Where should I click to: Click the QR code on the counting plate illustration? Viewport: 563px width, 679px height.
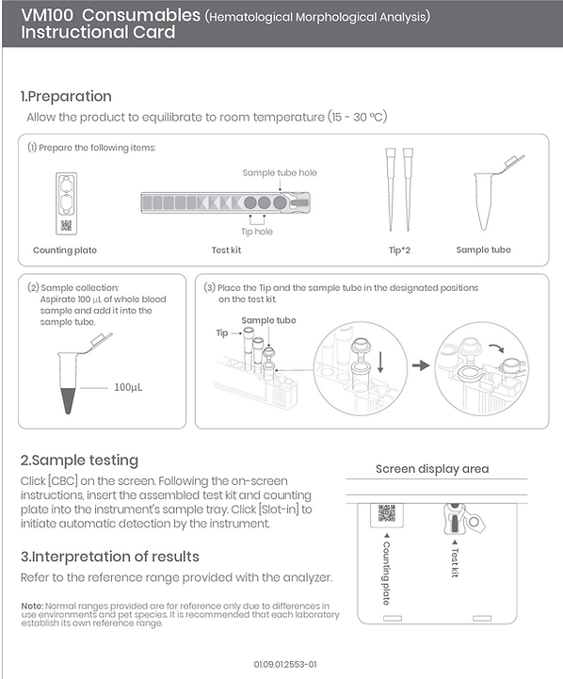click(x=66, y=226)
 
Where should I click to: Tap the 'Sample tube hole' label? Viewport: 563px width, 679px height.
click(x=280, y=172)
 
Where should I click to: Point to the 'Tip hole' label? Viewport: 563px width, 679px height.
click(x=257, y=232)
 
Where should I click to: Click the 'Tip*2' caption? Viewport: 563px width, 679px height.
click(x=399, y=250)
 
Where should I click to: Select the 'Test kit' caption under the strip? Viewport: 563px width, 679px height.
click(x=226, y=250)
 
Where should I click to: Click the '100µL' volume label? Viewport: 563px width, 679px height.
click(x=128, y=387)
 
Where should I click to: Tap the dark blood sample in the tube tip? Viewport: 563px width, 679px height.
click(x=69, y=400)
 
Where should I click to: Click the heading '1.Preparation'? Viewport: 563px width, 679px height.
click(x=66, y=96)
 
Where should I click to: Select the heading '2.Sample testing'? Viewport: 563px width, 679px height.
click(x=80, y=460)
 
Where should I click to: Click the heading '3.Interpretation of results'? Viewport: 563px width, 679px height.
click(x=110, y=557)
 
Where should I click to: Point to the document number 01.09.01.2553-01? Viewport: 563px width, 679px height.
click(x=285, y=664)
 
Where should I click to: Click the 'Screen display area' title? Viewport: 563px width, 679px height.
click(x=432, y=469)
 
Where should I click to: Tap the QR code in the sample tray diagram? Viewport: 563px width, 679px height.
click(x=387, y=513)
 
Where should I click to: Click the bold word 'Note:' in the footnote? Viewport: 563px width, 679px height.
click(x=32, y=606)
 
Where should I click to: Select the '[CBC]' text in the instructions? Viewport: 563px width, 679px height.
click(x=63, y=481)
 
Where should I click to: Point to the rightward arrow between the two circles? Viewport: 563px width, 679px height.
click(x=420, y=365)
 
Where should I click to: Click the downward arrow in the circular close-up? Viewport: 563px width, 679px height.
click(x=380, y=362)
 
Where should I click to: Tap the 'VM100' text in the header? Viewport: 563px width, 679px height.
click(x=47, y=15)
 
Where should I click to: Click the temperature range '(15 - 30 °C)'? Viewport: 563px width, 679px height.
click(x=357, y=117)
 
